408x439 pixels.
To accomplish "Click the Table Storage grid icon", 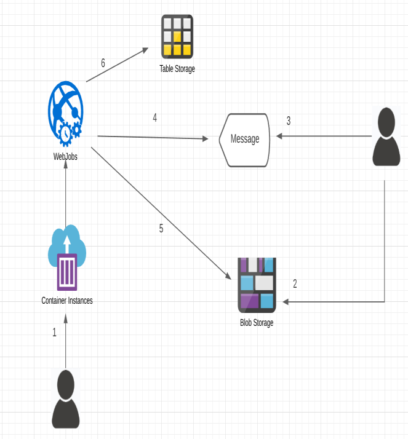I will click(177, 36).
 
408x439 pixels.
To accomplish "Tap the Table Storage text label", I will click(177, 69).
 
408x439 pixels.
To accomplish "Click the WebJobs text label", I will click(65, 156).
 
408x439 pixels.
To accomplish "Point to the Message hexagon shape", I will click(244, 140).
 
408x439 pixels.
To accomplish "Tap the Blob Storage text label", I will click(257, 323).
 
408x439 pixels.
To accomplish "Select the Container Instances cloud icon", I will click(66, 258).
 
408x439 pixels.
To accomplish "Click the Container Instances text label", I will click(67, 301).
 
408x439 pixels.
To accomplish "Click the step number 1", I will click(54, 333).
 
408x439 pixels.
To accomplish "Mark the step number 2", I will click(295, 284).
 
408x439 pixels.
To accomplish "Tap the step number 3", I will click(288, 121).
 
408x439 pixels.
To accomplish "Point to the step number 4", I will click(154, 118).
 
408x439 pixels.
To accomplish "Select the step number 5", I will click(161, 229).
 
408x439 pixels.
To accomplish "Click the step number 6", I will click(103, 63).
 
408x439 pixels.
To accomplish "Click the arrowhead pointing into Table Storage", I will click(145, 50).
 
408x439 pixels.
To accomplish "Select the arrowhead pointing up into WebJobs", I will click(65, 169).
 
